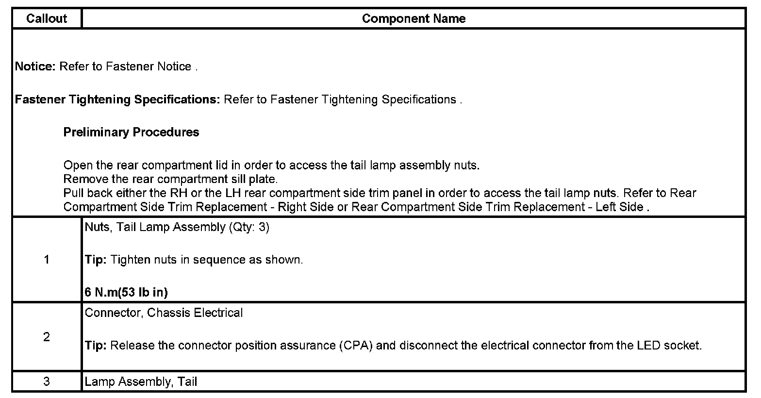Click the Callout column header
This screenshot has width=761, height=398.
click(47, 18)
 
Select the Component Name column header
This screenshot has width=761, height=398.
click(414, 18)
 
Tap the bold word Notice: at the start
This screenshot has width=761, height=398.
click(35, 66)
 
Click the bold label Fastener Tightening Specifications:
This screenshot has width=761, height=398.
click(118, 99)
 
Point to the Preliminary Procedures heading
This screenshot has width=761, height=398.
click(131, 132)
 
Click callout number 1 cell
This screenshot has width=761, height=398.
click(47, 260)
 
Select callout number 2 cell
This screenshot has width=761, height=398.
click(47, 337)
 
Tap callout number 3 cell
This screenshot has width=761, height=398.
click(47, 381)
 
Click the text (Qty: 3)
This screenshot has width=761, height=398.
click(248, 227)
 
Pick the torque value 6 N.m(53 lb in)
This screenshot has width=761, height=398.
click(126, 292)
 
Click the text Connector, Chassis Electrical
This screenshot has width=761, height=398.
click(164, 313)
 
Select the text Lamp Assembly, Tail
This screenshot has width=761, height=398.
click(141, 381)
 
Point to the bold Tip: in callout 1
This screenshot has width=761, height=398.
click(96, 260)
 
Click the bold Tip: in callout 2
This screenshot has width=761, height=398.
click(96, 346)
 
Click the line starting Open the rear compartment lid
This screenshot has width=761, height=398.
click(271, 165)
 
